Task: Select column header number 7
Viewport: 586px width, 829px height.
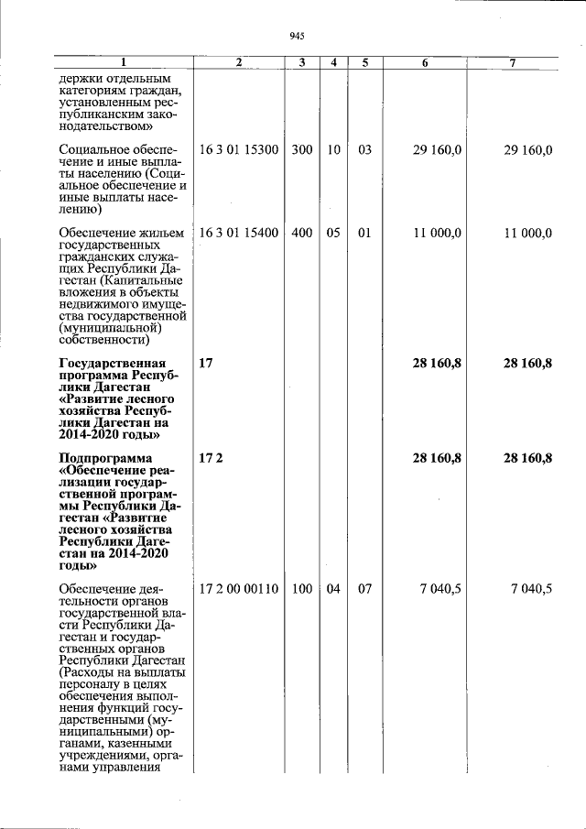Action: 513,62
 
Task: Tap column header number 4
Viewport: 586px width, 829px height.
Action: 333,62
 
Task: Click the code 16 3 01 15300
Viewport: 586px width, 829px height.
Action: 239,150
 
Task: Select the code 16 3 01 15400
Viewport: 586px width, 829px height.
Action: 239,234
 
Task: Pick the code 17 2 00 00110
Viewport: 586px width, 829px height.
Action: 239,588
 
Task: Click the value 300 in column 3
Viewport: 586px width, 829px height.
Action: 302,150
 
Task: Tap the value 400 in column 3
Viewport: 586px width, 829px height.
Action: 302,234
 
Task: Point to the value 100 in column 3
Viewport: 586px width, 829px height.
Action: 302,588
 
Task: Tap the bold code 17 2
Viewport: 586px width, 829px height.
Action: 210,458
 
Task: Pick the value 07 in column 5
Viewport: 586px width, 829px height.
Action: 364,588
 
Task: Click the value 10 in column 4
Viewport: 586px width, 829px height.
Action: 333,150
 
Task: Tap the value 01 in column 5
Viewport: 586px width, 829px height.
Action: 364,234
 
